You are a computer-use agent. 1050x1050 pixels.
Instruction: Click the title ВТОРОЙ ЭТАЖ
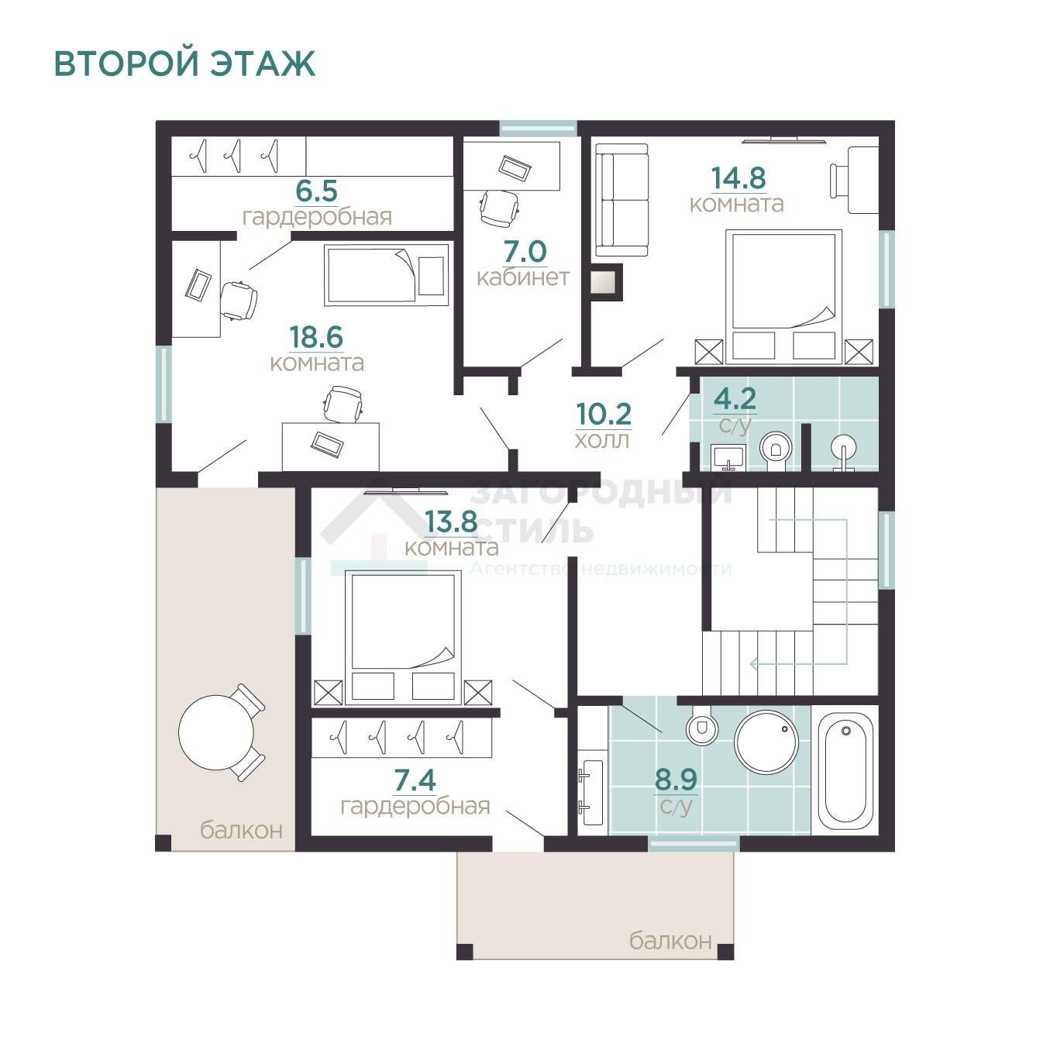(184, 64)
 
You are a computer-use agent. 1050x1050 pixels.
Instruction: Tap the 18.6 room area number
(316, 337)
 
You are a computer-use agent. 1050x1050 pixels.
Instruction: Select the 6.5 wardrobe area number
(317, 191)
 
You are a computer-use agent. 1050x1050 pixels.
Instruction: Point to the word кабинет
(523, 277)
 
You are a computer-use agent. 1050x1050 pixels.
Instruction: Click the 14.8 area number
(738, 177)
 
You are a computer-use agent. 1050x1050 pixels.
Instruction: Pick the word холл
(602, 440)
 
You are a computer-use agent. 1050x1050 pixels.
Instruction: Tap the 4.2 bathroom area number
(735, 399)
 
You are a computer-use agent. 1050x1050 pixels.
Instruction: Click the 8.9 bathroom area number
(676, 780)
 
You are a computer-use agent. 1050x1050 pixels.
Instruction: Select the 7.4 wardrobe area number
(415, 780)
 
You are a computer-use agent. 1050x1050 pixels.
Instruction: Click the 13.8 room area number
(451, 522)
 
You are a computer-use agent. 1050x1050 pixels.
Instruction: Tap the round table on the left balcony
(216, 732)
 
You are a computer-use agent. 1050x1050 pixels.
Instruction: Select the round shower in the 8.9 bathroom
(766, 742)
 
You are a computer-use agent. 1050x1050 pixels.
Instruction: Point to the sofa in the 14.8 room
(621, 200)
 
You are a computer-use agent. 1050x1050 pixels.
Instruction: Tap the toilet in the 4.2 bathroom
(776, 449)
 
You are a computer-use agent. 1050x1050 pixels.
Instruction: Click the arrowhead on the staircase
(754, 664)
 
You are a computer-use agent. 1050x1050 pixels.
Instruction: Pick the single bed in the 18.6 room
(387, 274)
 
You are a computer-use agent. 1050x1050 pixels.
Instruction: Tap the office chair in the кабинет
(499, 207)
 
